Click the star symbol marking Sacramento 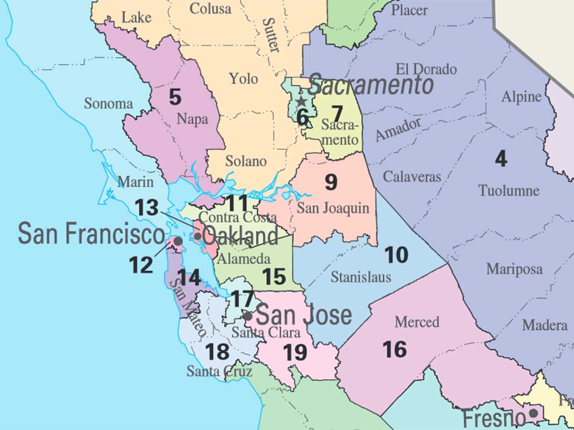point(301,101)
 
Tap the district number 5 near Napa point(175,97)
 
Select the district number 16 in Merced point(395,350)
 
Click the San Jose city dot point(248,316)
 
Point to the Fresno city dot point(533,412)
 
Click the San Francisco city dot point(177,242)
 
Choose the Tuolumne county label point(509,191)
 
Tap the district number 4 point(501,159)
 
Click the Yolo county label point(243,78)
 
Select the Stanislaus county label point(361,277)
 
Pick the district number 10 point(397,255)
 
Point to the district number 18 point(217,352)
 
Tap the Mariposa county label point(514,269)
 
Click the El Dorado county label point(426,69)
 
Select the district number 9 point(331,182)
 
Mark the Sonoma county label point(108,103)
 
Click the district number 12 point(141,265)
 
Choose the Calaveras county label point(412,176)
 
